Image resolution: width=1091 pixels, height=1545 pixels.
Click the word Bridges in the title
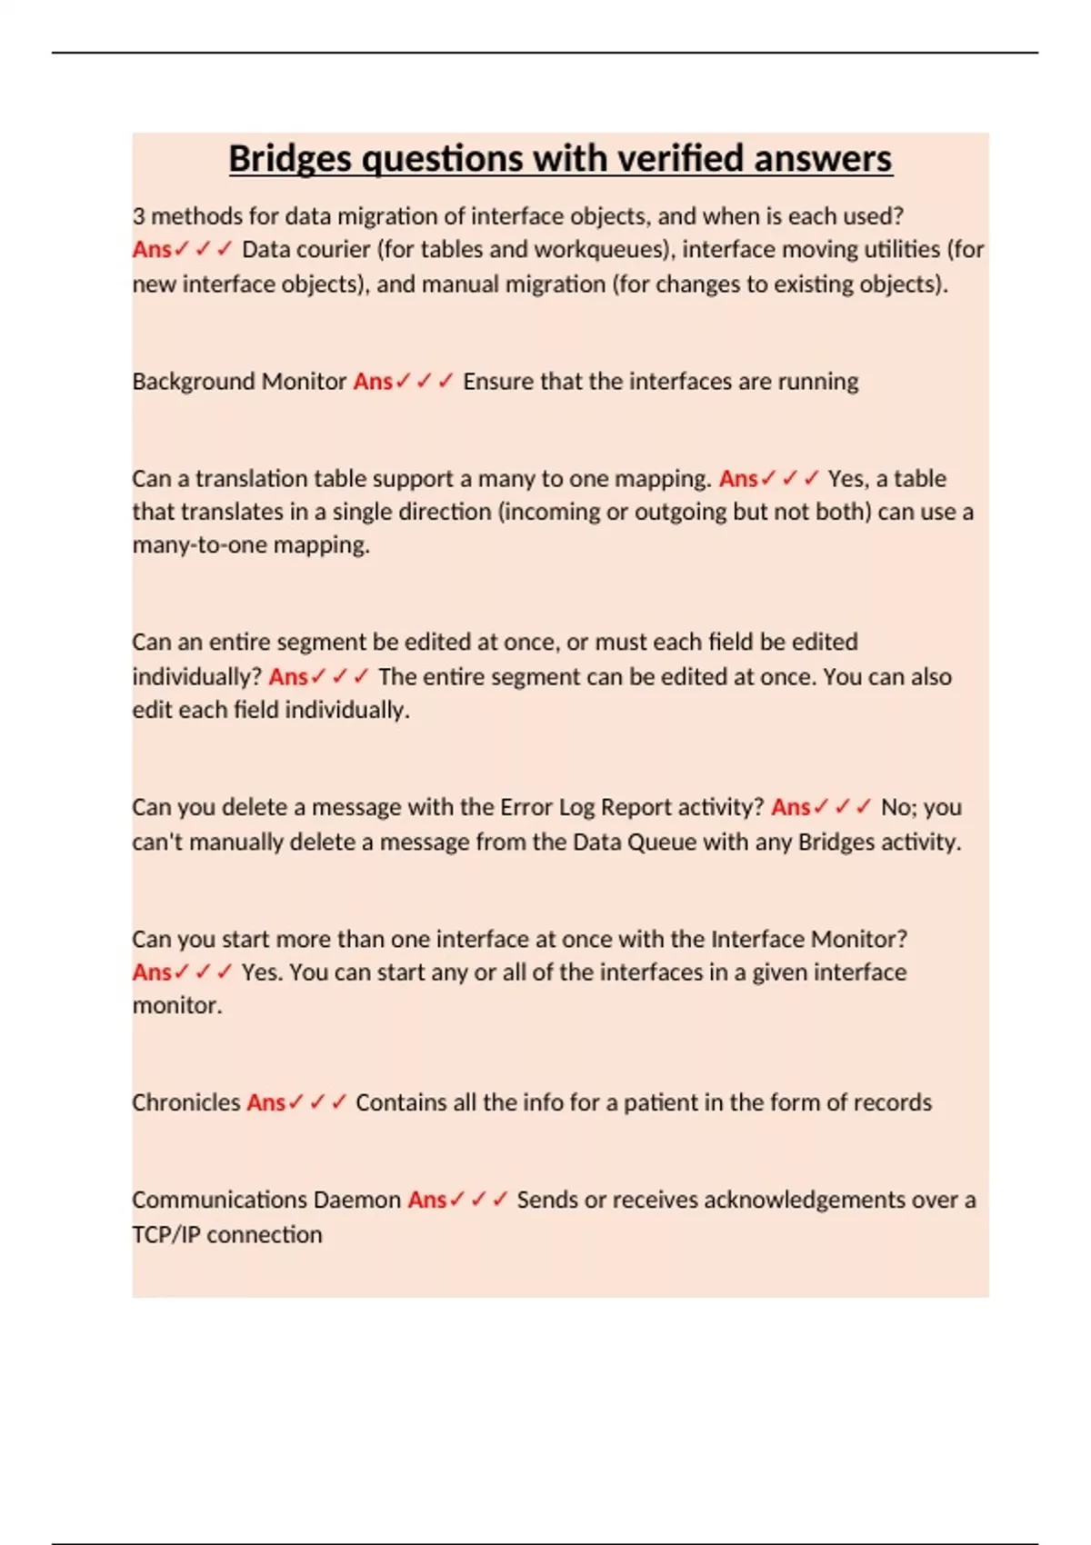[x=290, y=159]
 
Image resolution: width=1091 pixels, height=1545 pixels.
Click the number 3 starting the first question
[x=138, y=216]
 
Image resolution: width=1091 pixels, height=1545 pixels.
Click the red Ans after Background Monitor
[x=373, y=382]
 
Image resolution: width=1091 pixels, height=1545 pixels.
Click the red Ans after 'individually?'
[x=288, y=677]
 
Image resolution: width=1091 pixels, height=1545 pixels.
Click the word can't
[x=157, y=842]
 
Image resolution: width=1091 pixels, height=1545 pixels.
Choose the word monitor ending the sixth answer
[x=175, y=1006]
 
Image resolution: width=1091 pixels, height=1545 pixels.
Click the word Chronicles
[x=186, y=1103]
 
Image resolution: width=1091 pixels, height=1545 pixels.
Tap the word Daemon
[x=356, y=1201]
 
